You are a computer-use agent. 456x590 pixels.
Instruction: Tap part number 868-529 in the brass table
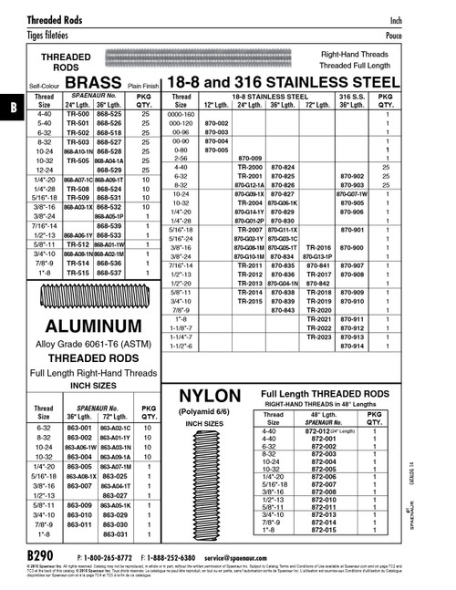(x=109, y=170)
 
